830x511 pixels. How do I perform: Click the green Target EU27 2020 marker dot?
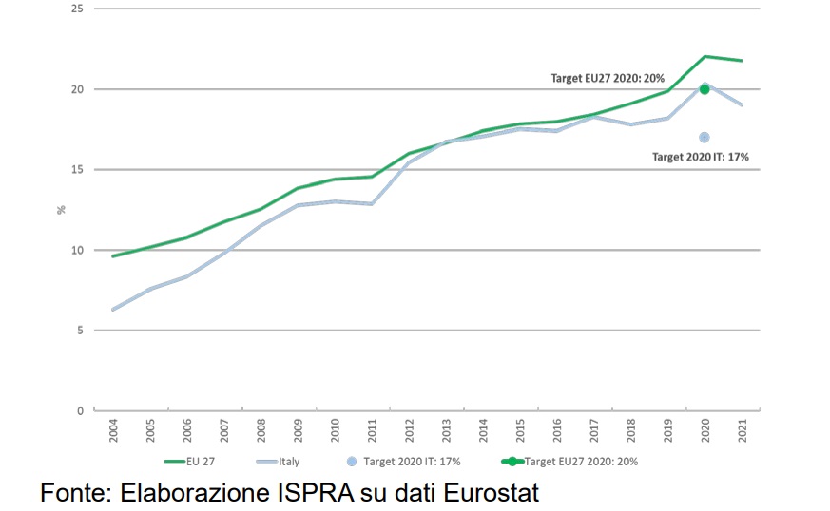(x=705, y=89)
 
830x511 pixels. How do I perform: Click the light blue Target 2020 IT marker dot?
(x=705, y=138)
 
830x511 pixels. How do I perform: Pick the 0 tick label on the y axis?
(x=80, y=411)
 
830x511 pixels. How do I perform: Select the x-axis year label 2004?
(x=114, y=431)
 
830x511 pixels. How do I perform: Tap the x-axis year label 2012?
(x=409, y=431)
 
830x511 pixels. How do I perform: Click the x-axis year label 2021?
(x=742, y=431)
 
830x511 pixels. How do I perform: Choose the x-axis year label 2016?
(x=557, y=431)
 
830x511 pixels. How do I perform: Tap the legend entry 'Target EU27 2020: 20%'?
(x=581, y=462)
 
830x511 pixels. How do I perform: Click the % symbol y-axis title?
(x=62, y=209)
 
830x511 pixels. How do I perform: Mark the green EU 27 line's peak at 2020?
(x=705, y=56)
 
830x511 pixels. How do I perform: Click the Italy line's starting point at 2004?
(x=114, y=310)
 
